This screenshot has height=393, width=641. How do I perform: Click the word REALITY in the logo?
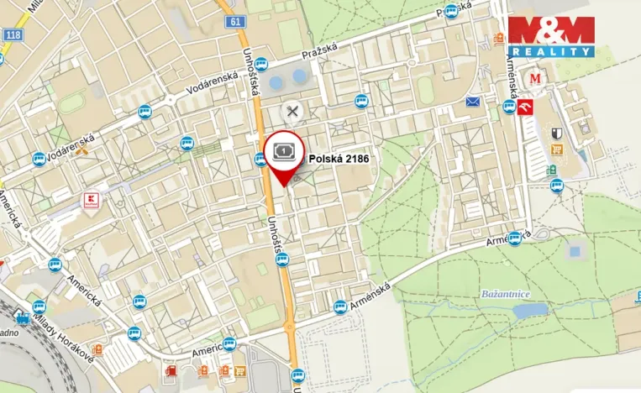tap(550, 52)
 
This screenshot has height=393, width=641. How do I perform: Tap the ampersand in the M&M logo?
tap(550, 31)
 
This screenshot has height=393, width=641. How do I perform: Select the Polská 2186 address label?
tap(339, 157)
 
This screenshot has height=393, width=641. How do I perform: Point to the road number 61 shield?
tap(233, 23)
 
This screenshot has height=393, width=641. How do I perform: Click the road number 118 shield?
tap(13, 34)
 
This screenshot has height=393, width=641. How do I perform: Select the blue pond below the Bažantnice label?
tap(530, 311)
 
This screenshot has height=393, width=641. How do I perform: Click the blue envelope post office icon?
tap(472, 102)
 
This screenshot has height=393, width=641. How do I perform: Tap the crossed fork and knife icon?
tap(292, 110)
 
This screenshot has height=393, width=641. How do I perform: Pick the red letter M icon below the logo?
tap(535, 79)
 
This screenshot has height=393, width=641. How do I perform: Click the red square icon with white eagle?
tap(527, 107)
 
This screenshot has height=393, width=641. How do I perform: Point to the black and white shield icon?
tap(556, 133)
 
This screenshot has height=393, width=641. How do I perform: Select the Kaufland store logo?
tap(92, 201)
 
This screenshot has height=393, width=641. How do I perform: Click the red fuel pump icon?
tap(171, 369)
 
